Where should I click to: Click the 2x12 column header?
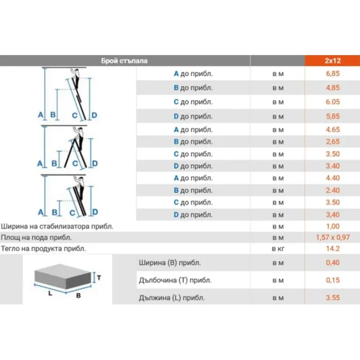coord(332,61)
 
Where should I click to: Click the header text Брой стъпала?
coord(124,61)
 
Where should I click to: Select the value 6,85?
coord(333,74)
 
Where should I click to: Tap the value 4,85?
coord(333,88)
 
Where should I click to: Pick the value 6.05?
coord(333,102)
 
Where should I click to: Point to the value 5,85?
coord(333,116)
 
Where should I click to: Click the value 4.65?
coord(333,130)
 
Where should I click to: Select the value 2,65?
coord(333,141)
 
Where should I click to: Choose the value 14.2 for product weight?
coord(333,248)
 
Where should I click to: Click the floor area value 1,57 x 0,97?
coord(333,238)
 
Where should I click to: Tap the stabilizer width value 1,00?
coord(333,226)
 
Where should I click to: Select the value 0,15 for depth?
coord(333,280)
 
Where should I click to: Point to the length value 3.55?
coord(333,298)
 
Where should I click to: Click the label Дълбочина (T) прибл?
coord(175,280)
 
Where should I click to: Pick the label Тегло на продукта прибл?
coord(43,248)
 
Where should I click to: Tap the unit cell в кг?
coord(278,249)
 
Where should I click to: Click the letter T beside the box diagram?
coord(99,278)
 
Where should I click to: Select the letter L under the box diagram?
coord(50,293)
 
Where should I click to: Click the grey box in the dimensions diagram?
coord(62,276)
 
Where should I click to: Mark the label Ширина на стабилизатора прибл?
coord(57,227)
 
